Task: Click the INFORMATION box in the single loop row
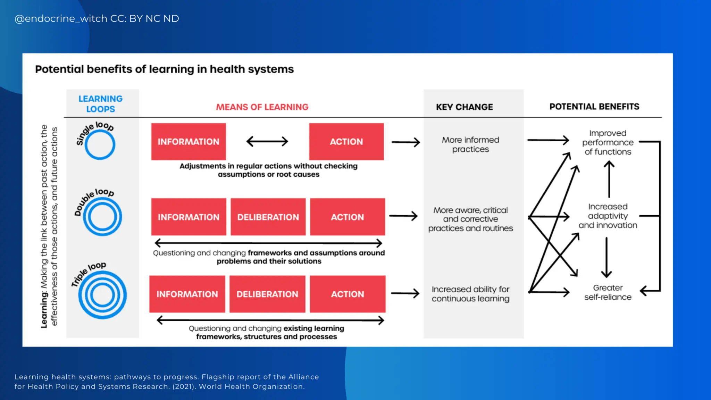pos(189,142)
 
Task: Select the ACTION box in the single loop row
pos(346,142)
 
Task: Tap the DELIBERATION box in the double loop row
pos(268,217)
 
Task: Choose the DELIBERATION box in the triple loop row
pos(267,294)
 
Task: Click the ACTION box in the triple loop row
pos(348,294)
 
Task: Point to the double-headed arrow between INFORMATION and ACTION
pos(267,141)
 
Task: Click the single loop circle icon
pos(100,145)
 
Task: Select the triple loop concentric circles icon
pos(102,295)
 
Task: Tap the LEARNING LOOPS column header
pos(101,104)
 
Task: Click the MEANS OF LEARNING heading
pos(262,107)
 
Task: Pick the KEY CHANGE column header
pos(464,107)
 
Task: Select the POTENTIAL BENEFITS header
pos(594,107)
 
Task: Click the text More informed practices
pos(470,144)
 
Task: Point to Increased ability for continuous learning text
pos(470,294)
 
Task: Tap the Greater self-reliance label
pos(608,292)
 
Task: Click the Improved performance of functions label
pos(608,142)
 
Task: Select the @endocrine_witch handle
pos(61,18)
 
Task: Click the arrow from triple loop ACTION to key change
pos(405,293)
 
